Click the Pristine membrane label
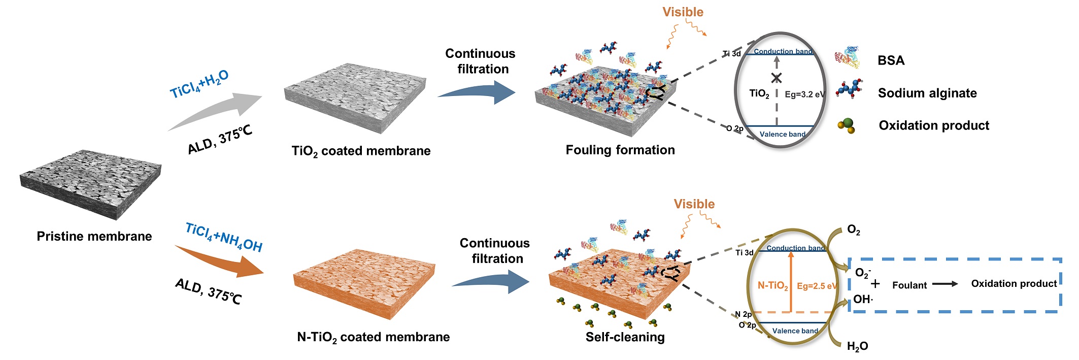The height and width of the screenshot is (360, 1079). click(94, 236)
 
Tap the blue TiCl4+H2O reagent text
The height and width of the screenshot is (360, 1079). click(199, 84)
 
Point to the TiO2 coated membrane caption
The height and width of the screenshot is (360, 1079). click(361, 151)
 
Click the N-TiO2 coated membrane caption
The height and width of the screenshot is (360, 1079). click(373, 337)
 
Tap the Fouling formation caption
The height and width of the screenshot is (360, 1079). click(620, 150)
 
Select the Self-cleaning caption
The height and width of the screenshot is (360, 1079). click(625, 337)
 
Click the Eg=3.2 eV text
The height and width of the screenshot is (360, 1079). click(805, 94)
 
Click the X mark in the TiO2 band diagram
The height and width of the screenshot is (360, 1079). click(777, 78)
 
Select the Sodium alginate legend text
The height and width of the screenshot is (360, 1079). click(927, 93)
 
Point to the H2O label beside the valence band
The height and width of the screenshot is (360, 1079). click(857, 346)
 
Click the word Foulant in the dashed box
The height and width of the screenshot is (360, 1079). click(909, 285)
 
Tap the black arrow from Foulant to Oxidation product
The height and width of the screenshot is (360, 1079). click(945, 284)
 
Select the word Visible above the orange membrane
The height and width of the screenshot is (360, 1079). click(694, 204)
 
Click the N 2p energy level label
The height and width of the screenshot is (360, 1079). click(743, 314)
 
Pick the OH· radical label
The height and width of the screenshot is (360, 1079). click(863, 299)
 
